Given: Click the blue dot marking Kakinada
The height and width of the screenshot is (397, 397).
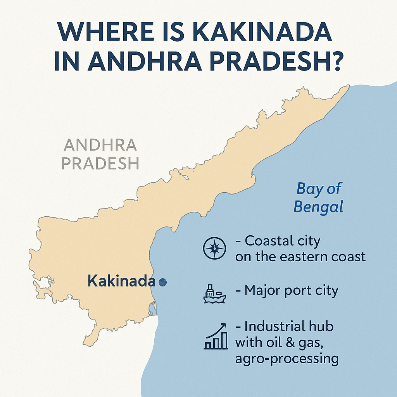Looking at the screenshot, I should click(x=163, y=282).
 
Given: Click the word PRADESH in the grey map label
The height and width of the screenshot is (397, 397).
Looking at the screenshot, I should click(x=101, y=163).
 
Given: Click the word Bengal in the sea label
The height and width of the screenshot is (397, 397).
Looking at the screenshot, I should click(x=318, y=207).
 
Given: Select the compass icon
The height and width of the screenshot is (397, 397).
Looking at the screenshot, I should click(x=214, y=248).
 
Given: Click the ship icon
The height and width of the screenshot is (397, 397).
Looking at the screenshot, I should click(x=214, y=293).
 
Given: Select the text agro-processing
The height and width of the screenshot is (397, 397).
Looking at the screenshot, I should click(x=287, y=359).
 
